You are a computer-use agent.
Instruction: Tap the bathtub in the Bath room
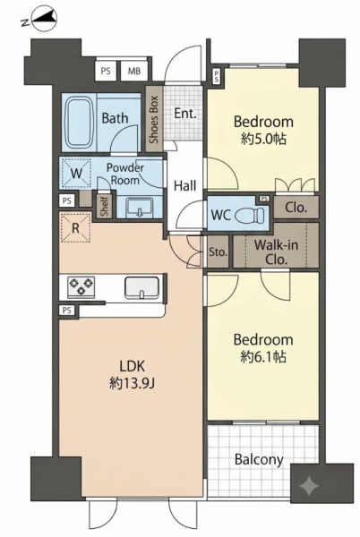[x=80, y=123]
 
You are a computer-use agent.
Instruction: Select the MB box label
[x=134, y=71]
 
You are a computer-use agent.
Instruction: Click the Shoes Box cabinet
[x=154, y=118]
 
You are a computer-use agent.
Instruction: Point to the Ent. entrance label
[x=185, y=114]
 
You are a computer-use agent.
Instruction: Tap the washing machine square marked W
[x=76, y=173]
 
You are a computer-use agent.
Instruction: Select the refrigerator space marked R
[x=76, y=227]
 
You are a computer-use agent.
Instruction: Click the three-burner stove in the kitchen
[x=81, y=286]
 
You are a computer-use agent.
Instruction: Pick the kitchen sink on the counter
[x=141, y=287]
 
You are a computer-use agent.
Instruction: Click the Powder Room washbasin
[x=139, y=208]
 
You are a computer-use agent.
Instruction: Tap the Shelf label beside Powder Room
[x=105, y=206]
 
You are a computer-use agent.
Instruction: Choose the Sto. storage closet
[x=219, y=251]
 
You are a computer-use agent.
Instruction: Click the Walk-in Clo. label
[x=276, y=252]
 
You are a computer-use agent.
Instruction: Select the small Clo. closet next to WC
[x=296, y=208]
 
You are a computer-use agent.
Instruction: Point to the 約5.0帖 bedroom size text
[x=263, y=139]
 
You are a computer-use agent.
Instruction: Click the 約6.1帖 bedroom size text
[x=263, y=356]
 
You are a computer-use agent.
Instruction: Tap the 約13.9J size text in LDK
[x=133, y=384]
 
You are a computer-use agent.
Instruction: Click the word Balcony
[x=259, y=460]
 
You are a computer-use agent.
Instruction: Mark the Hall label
[x=185, y=185]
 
